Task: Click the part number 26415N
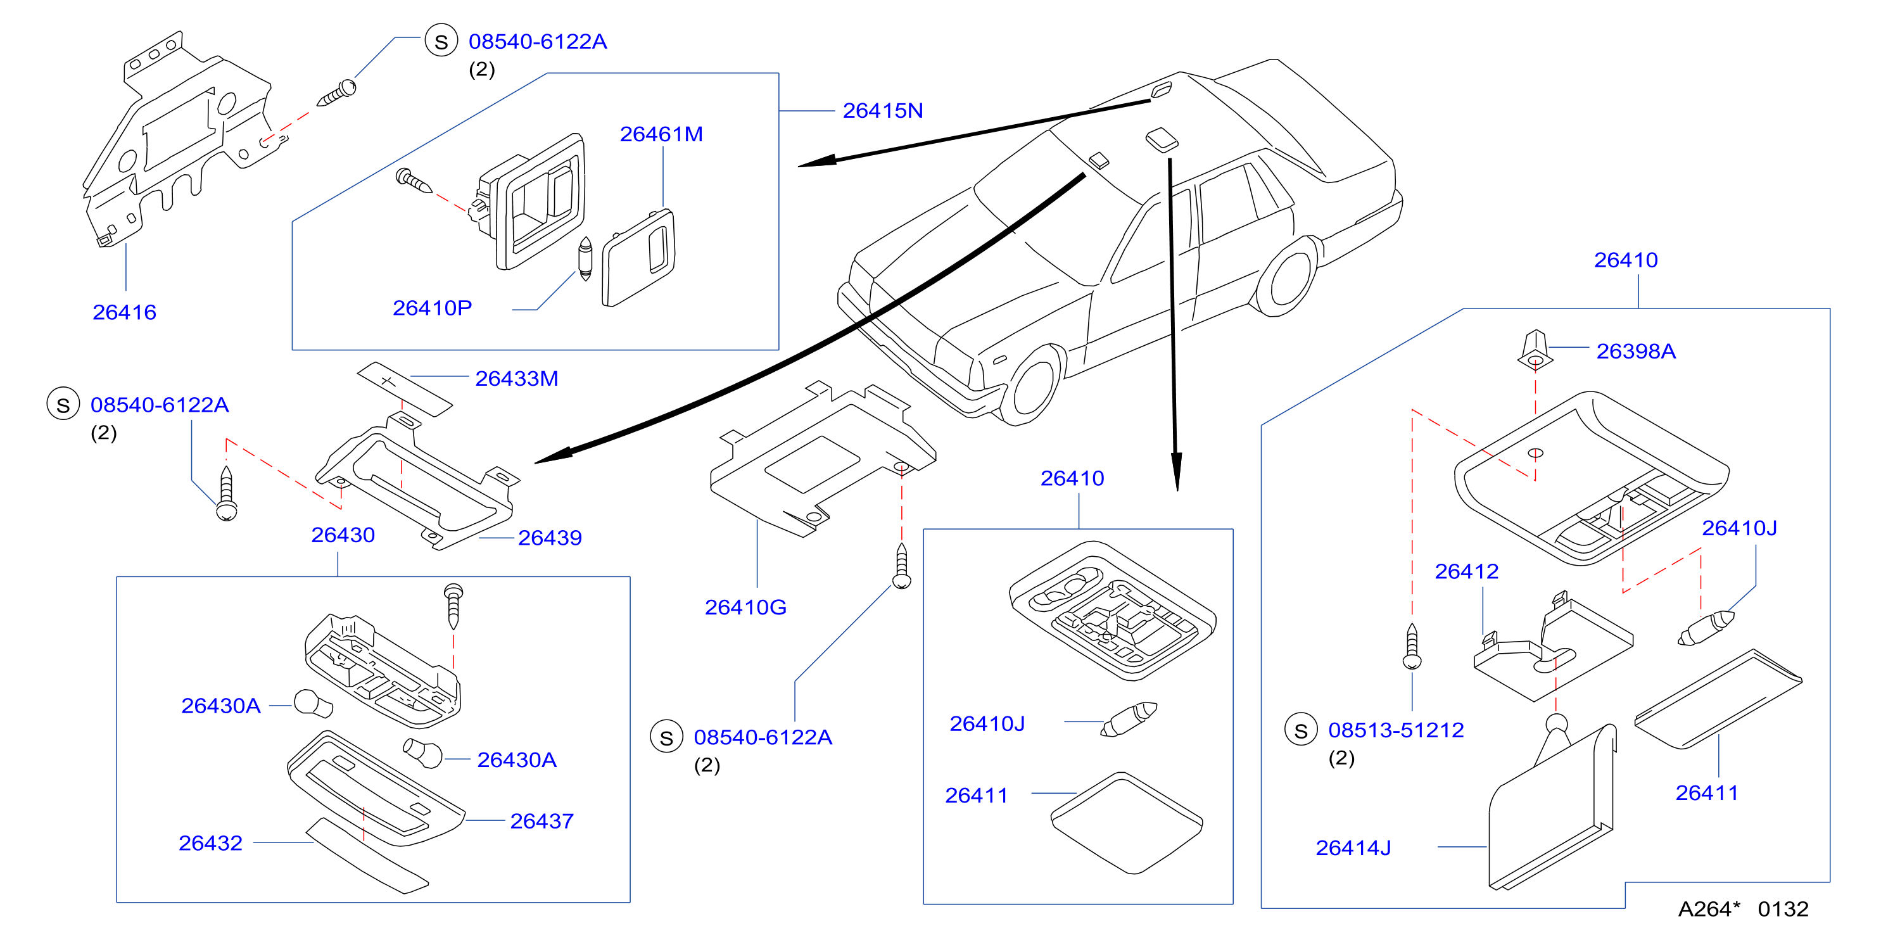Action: point(882,111)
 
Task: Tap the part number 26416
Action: point(124,313)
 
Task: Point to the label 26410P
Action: point(433,308)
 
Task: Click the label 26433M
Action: point(516,379)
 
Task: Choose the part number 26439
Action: point(550,538)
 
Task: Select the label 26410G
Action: point(745,607)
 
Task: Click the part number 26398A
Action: point(1636,352)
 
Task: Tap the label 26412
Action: point(1466,572)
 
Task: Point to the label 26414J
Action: point(1353,849)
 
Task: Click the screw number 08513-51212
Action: point(1395,730)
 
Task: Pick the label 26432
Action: point(210,844)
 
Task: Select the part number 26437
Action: point(541,822)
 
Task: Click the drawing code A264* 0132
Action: point(1743,910)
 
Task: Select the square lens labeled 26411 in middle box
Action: point(1127,823)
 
